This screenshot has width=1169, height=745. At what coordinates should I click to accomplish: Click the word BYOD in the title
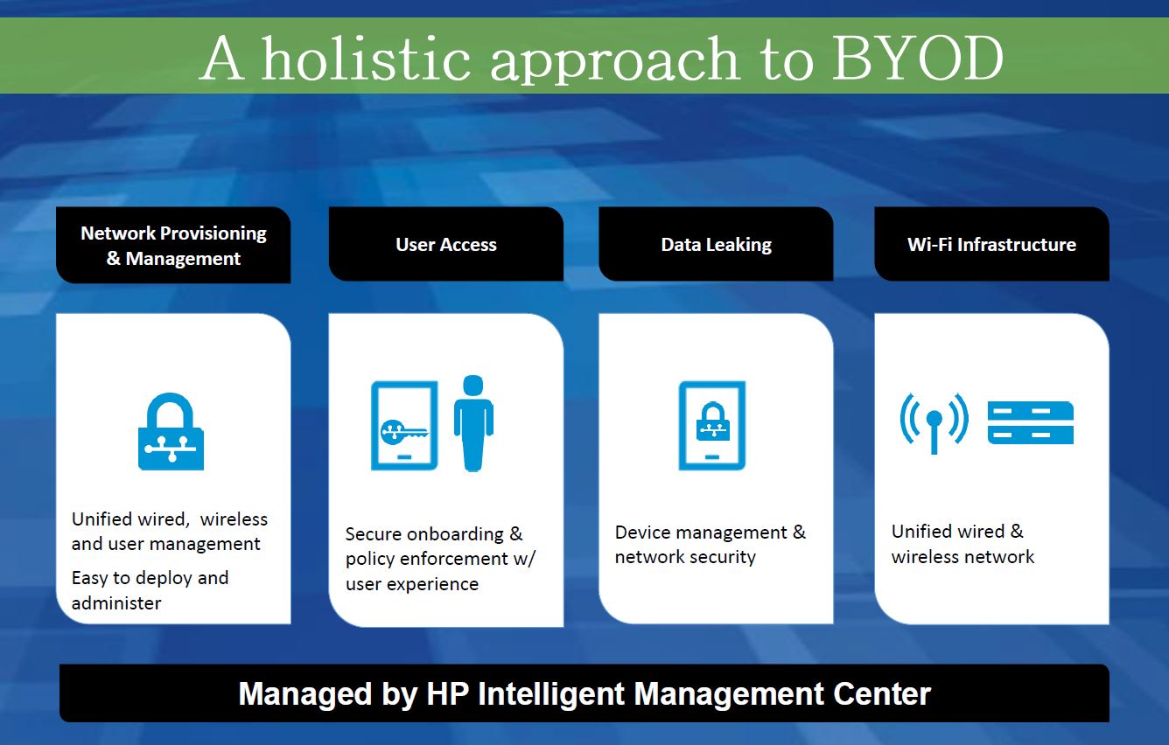point(916,59)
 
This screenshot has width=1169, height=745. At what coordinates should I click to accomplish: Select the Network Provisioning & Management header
point(173,246)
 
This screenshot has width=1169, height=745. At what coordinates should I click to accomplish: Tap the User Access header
point(445,245)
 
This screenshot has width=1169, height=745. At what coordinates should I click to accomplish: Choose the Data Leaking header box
point(716,245)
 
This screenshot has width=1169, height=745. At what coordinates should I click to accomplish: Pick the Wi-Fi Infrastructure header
point(991,245)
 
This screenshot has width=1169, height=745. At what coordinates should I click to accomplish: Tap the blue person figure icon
point(473,423)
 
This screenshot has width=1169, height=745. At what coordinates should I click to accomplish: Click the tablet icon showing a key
point(404,426)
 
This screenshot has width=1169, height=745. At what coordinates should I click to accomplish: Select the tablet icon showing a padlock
point(712,426)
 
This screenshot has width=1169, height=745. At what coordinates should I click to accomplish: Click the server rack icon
point(1030,422)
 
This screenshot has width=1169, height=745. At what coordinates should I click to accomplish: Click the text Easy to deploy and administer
point(150,590)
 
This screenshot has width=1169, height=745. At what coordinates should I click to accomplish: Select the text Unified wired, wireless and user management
point(169,532)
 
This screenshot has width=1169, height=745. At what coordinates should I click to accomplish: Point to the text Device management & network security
point(710,545)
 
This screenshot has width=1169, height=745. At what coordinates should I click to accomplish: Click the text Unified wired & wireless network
point(962,544)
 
